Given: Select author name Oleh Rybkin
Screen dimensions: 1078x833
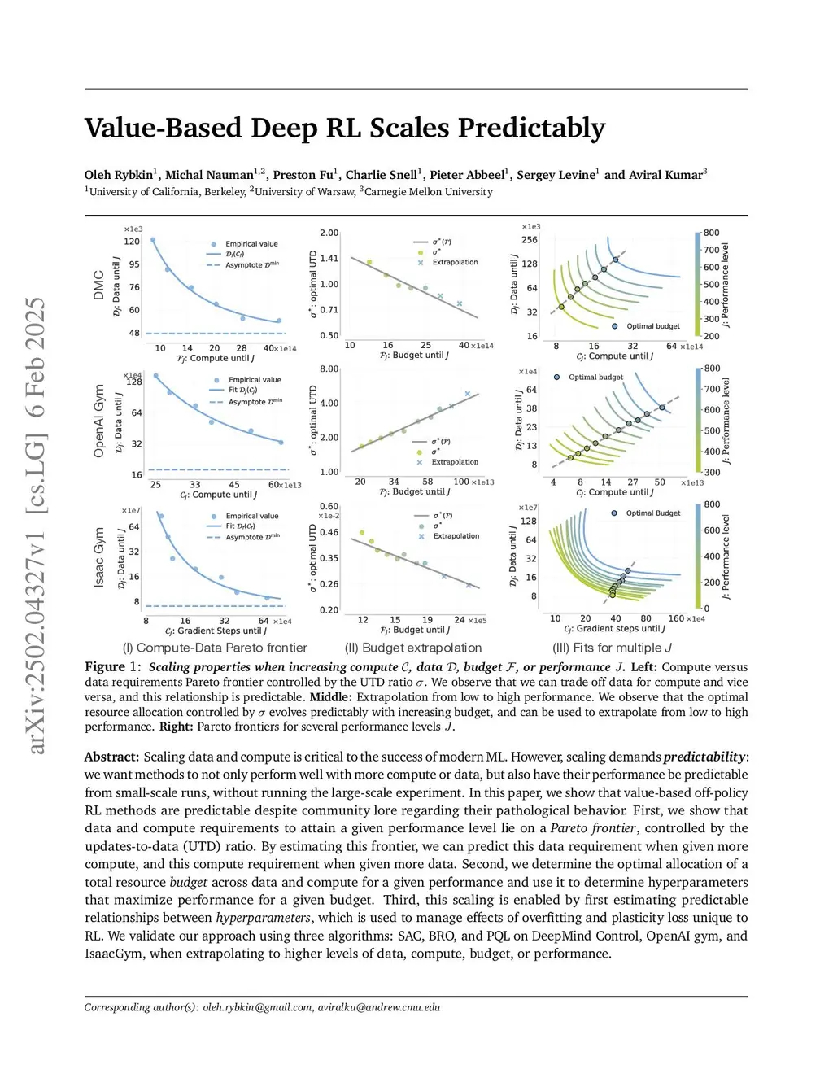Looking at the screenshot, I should coord(120,175).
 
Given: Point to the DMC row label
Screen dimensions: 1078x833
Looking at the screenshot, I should coord(99,285).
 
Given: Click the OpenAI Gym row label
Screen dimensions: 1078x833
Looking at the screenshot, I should coord(99,421).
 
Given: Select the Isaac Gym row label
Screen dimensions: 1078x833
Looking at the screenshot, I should coord(99,557).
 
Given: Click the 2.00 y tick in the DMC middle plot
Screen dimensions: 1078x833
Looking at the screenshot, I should coord(329,233).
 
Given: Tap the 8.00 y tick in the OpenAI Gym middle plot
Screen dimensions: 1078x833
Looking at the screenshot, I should coord(329,369).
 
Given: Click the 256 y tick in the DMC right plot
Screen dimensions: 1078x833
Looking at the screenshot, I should coord(529,240).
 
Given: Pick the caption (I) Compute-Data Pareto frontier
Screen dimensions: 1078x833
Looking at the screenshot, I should coord(215,648).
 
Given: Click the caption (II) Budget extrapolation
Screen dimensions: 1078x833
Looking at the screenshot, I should coord(413,648).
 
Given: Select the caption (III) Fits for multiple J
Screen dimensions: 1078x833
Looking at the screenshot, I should coord(612,648).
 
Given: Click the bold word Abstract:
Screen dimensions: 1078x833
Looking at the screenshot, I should coord(111,757).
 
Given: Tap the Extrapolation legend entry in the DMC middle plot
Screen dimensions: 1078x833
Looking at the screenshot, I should coord(455,263).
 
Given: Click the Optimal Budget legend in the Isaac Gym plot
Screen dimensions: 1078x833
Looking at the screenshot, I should coord(652,513).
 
